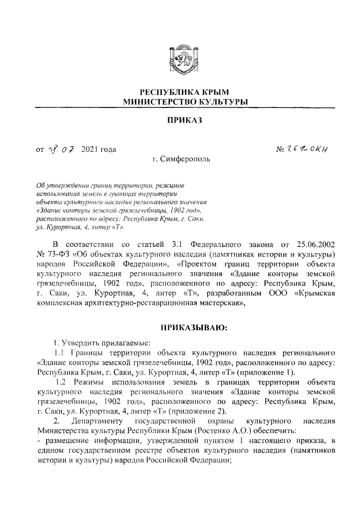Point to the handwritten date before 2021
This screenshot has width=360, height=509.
(59, 149)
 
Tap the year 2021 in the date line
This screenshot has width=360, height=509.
(90, 150)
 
